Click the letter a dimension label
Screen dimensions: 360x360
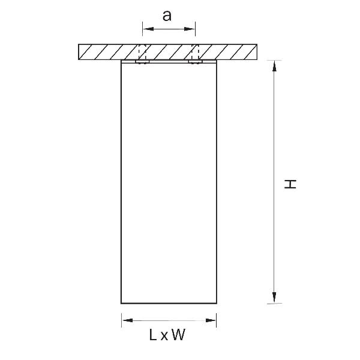[167, 16]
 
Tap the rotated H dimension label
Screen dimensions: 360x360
[290, 184]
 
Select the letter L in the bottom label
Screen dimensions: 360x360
[153, 335]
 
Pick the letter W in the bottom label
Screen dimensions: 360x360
[178, 335]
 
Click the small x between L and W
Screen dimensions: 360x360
[164, 337]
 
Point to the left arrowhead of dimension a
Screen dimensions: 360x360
[148, 29]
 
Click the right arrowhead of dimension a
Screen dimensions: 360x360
[190, 29]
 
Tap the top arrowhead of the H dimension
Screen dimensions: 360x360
[274, 66]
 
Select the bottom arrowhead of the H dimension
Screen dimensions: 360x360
[274, 298]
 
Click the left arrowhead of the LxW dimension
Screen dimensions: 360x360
[127, 320]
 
